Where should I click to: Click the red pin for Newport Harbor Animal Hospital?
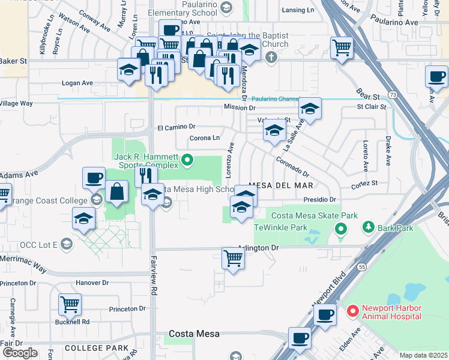point(352,311)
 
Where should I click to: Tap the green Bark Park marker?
point(368,228)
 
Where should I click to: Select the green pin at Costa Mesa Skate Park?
point(341,229)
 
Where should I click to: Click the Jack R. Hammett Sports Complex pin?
point(187,160)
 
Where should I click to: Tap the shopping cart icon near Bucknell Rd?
point(70,304)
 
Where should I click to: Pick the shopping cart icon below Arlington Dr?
point(233,259)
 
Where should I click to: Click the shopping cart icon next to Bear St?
point(342,47)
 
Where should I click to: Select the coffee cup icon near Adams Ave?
point(94,178)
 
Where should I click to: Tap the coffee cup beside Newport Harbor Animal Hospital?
point(325,314)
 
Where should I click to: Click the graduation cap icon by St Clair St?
point(310,108)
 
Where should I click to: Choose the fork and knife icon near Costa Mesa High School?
point(146,175)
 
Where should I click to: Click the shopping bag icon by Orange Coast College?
point(116,191)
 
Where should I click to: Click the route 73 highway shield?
point(392,95)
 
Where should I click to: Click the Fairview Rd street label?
point(154,282)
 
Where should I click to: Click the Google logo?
point(19,352)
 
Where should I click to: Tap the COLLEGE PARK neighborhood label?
point(96,348)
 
